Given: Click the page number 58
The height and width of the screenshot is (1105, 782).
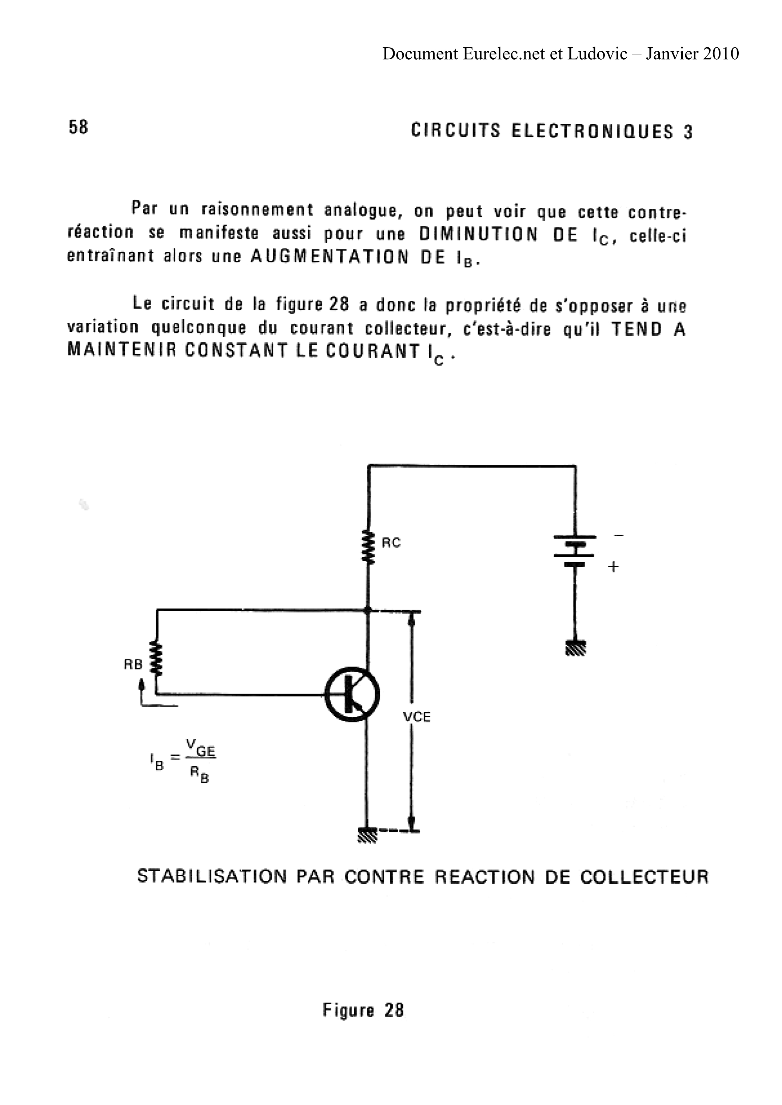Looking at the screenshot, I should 78,127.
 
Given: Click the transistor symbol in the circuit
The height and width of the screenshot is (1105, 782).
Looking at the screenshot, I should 352,694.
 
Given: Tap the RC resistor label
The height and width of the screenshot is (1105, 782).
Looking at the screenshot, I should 391,543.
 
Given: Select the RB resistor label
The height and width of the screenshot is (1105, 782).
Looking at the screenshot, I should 133,665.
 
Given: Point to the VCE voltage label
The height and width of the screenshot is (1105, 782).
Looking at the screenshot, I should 416,717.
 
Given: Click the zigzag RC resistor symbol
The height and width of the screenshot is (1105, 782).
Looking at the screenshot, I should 368,547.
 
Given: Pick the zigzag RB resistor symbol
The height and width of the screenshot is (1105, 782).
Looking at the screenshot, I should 156,657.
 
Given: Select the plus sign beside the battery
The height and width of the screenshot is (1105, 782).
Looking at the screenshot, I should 613,567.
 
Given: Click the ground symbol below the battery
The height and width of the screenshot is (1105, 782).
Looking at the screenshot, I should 575,648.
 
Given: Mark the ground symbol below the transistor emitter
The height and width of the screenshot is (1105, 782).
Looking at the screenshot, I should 367,835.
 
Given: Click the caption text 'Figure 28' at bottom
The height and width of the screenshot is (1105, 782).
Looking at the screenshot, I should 363,1010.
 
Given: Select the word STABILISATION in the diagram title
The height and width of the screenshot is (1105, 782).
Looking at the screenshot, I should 212,876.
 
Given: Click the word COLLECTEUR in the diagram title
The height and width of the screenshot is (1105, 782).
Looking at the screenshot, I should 644,877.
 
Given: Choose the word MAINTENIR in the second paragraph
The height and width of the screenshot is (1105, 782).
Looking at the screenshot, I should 122,350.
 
